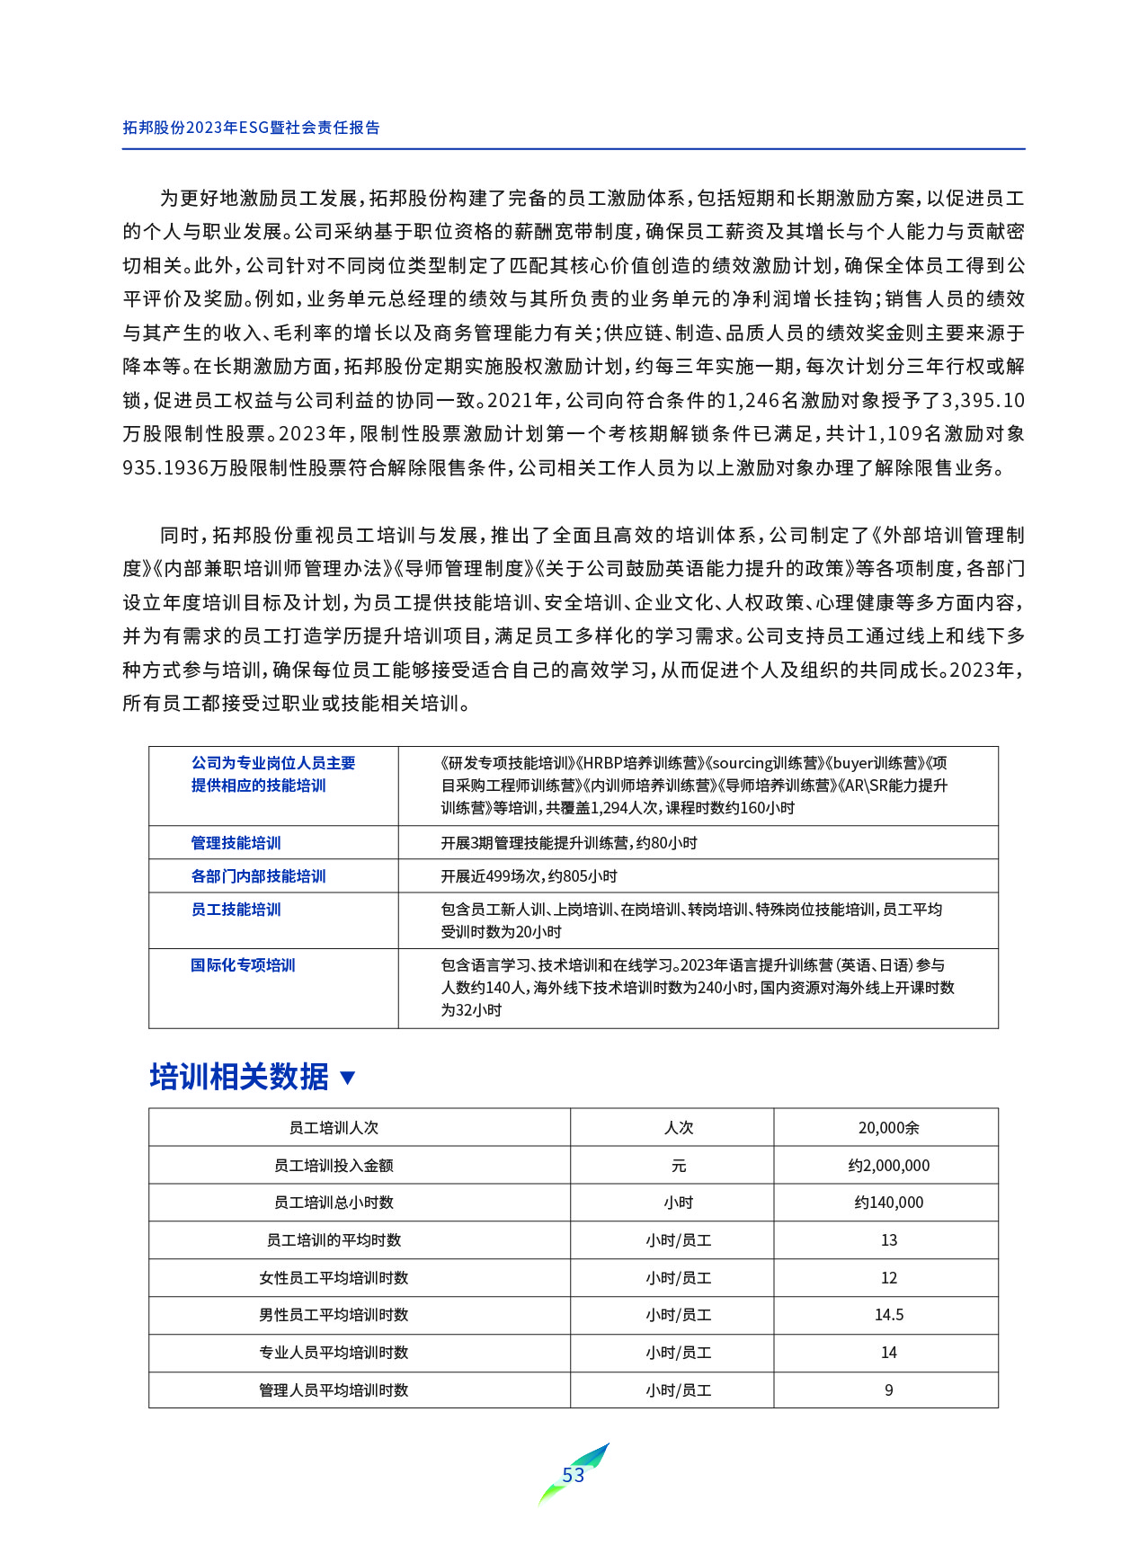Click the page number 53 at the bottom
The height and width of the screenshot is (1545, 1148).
tap(573, 1475)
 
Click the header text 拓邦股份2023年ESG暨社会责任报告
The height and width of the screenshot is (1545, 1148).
tap(251, 128)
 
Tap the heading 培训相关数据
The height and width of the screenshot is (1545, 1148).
tap(239, 1076)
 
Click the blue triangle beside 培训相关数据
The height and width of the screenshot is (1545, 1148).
tap(348, 1078)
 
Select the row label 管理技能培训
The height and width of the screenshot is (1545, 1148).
tap(236, 843)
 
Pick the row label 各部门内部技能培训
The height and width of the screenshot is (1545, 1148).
tap(258, 876)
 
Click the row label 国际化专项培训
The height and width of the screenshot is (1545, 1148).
tap(243, 965)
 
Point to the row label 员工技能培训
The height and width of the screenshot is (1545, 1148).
tap(236, 910)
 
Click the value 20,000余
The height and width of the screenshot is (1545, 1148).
tap(888, 1128)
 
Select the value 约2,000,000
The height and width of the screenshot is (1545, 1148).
tap(888, 1166)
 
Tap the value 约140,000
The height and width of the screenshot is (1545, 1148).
tap(888, 1203)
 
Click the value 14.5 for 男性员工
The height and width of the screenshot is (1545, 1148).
tap(888, 1315)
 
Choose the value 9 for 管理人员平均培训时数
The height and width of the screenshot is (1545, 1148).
tap(888, 1390)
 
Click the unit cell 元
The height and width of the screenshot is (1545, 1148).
tap(678, 1166)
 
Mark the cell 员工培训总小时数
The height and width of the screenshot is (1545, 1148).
tap(334, 1203)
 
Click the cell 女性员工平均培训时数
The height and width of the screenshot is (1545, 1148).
tap(334, 1278)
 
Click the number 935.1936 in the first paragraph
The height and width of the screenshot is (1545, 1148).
tap(165, 468)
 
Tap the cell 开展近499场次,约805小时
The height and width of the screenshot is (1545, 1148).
tap(529, 876)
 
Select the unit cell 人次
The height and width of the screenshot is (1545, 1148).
tap(678, 1128)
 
